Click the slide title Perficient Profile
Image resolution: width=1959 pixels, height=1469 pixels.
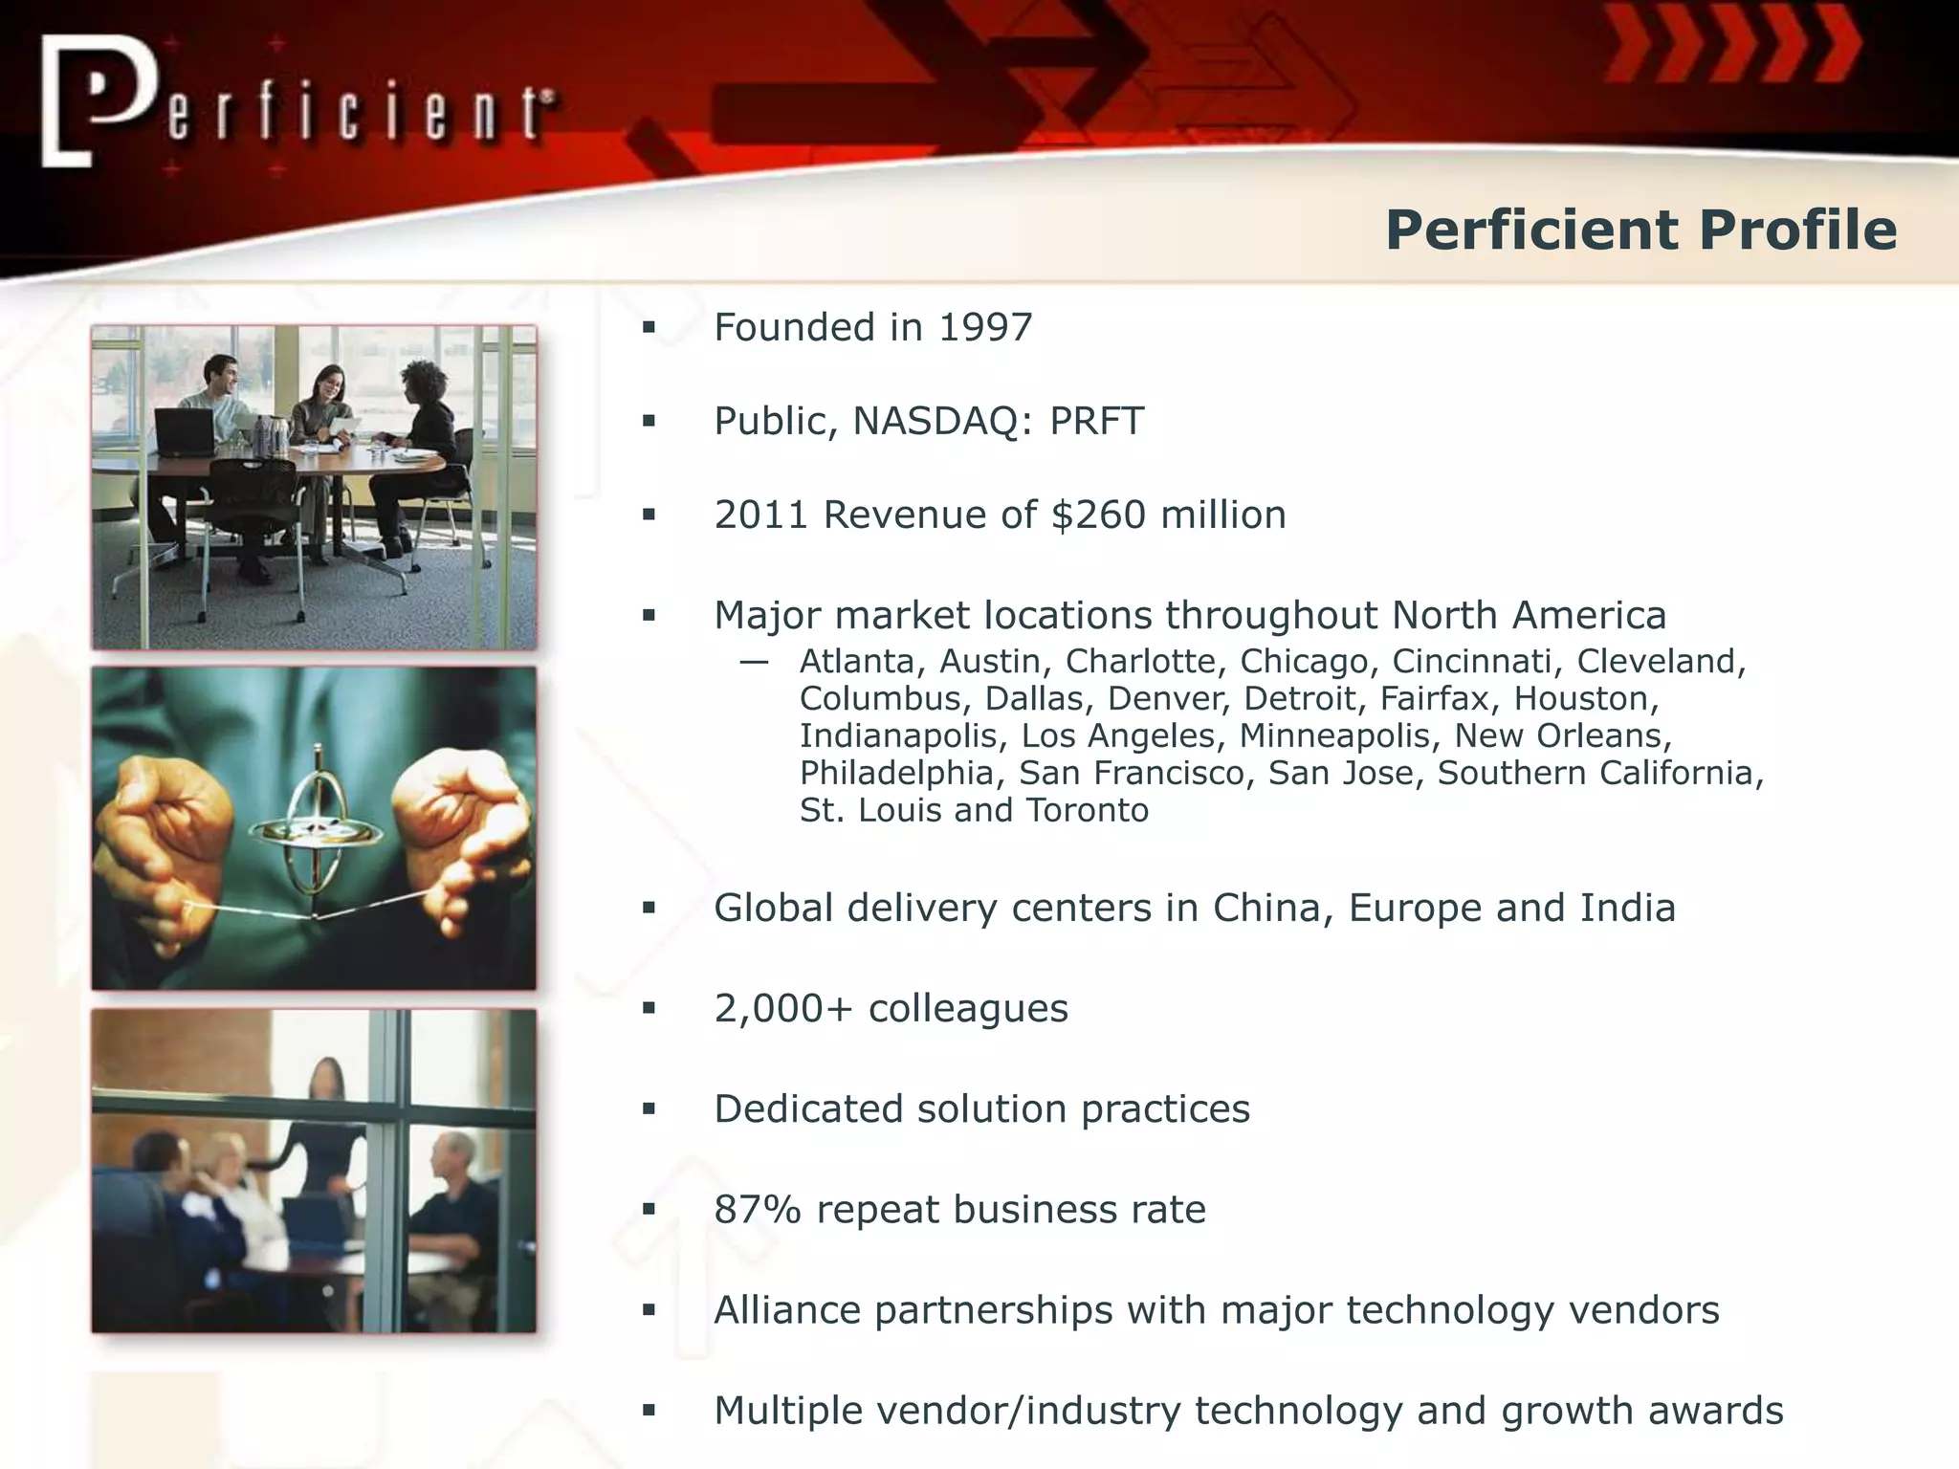[1640, 230]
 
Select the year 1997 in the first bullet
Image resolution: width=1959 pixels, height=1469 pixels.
[985, 328]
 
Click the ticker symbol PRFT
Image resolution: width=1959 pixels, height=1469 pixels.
[1096, 422]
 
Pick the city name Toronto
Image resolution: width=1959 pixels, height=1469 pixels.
[1087, 811]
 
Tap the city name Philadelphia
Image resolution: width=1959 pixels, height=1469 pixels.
[896, 774]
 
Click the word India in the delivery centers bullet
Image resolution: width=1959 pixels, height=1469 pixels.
[1627, 909]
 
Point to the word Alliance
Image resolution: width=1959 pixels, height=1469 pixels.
[787, 1311]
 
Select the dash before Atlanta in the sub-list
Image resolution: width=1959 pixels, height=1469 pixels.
[754, 662]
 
